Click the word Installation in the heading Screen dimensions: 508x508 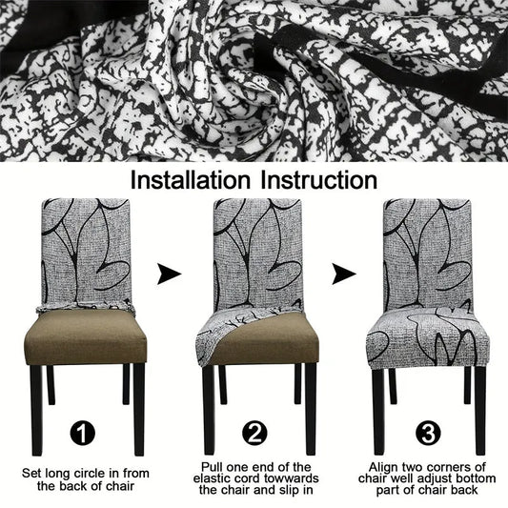click(191, 180)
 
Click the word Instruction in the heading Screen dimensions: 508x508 click(319, 180)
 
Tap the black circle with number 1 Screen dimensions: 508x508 click(83, 433)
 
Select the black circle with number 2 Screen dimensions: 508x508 click(254, 433)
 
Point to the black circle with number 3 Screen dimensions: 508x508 click(428, 433)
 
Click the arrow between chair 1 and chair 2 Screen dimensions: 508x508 click(169, 274)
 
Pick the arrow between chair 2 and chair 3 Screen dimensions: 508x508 click(343, 274)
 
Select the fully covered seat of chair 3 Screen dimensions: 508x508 click(428, 340)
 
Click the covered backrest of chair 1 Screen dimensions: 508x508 click(86, 253)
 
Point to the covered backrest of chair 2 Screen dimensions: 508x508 click(257, 253)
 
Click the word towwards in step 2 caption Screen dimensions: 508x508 click(292, 478)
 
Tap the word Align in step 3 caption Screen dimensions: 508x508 click(384, 468)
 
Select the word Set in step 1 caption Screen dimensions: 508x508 click(32, 474)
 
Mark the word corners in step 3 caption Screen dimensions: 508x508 click(447, 468)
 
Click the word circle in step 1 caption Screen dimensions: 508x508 click(91, 474)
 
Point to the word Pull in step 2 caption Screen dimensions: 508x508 click(213, 467)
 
